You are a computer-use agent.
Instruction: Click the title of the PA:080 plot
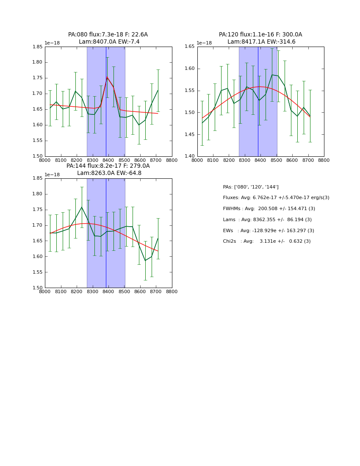pos(108,38)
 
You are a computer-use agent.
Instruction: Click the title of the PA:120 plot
pos(260,38)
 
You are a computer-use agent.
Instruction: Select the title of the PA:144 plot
pos(108,169)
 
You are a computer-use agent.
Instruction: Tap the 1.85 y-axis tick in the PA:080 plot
pos(38,47)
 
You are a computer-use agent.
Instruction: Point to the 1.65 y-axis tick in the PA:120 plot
pos(190,47)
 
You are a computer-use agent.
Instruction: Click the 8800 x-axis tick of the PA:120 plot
pos(324,161)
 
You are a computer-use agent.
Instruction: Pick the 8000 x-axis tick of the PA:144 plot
pos(45,292)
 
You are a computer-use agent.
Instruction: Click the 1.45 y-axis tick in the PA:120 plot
pos(190,134)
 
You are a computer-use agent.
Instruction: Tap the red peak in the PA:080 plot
pos(107,77)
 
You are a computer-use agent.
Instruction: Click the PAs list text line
pos(251,187)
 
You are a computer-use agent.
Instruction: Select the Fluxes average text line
pos(276,198)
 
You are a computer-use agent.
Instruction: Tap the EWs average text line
pos(269,230)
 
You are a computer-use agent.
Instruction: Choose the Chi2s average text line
pos(267,241)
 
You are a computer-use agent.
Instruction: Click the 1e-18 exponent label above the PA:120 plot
pos(204,43)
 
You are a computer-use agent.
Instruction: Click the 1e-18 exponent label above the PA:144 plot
pos(52,175)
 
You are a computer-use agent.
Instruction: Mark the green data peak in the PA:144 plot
pos(82,207)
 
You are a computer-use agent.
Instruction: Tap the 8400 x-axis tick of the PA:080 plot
pos(108,161)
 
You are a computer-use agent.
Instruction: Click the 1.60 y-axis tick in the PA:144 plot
pos(38,256)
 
